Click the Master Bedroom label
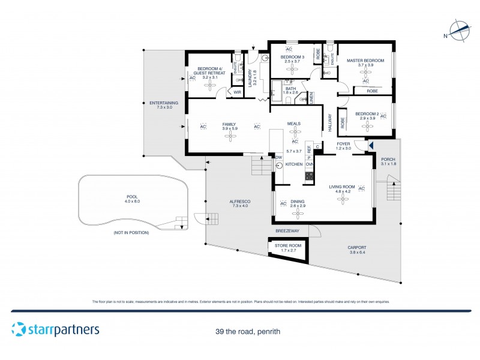(365, 61)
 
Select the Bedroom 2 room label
(367, 114)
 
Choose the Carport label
(356, 247)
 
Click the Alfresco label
(239, 202)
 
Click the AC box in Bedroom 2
(383, 116)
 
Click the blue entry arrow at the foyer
(371, 145)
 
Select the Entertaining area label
(164, 103)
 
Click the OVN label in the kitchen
(310, 164)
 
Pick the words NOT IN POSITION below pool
(130, 232)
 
